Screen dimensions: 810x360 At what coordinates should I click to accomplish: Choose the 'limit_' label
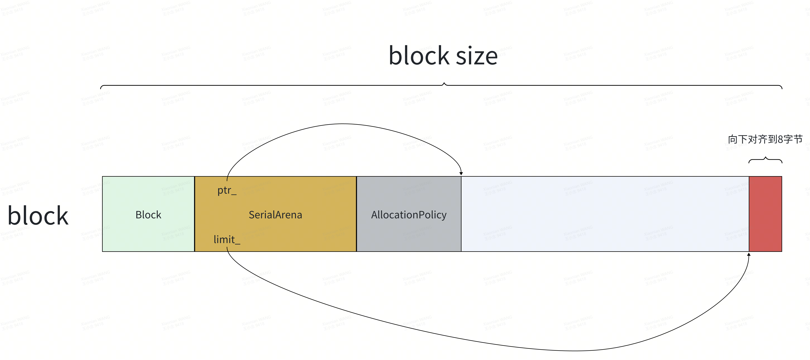[x=227, y=240]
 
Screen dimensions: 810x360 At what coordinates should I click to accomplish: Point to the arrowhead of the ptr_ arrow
[x=461, y=173]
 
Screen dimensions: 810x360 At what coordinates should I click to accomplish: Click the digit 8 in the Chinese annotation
[x=780, y=139]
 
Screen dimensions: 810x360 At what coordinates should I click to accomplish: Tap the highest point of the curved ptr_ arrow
[x=343, y=124]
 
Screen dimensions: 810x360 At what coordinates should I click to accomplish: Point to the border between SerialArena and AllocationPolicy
[x=356, y=214]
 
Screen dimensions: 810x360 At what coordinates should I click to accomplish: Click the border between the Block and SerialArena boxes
[x=195, y=214]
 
